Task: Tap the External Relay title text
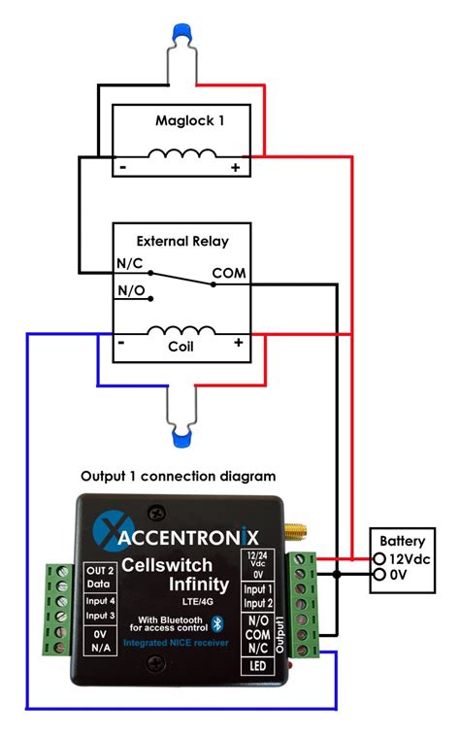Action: point(181,241)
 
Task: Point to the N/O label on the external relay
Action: point(133,289)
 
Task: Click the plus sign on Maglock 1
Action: point(234,168)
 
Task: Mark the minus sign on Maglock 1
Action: point(123,168)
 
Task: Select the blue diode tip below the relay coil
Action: point(181,440)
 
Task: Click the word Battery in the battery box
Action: point(402,541)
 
